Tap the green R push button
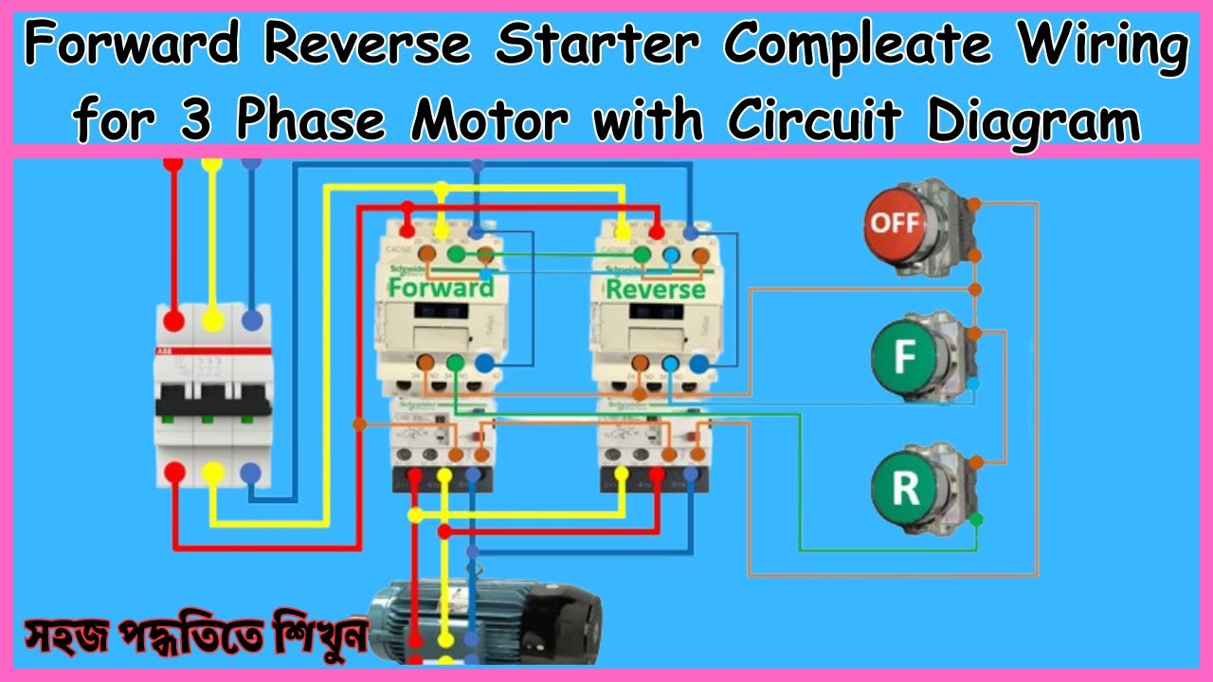click(905, 488)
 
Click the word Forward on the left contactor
click(442, 286)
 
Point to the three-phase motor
click(483, 621)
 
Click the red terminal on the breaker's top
click(173, 320)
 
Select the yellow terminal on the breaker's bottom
click(213, 471)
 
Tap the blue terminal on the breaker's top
click(251, 320)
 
